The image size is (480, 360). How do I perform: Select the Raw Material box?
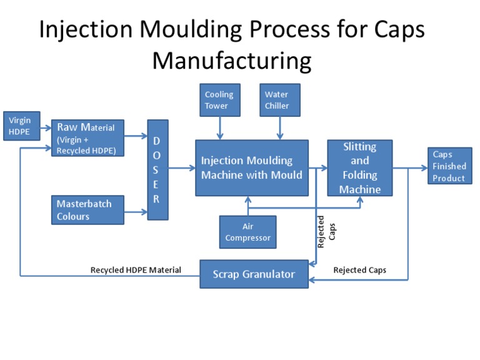pos(87,138)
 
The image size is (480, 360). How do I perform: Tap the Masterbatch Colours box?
pos(87,210)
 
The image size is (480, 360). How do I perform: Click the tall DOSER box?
pos(157,169)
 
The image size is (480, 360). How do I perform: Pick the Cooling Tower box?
pos(219,100)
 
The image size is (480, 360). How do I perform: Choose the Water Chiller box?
pos(279,100)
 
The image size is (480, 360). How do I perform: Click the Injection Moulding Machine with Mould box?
pos(252,168)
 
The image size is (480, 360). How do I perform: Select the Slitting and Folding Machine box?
pos(359,167)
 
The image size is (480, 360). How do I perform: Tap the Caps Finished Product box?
pos(449,166)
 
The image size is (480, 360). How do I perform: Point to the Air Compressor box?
pos(248,232)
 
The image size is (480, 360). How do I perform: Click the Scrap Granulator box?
pos(254,274)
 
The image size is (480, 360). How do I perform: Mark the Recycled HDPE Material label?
pos(136,270)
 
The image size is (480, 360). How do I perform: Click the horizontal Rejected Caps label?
pos(359,270)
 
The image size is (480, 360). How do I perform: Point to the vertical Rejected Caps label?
pos(326,232)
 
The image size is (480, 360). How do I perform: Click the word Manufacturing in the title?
pos(232,61)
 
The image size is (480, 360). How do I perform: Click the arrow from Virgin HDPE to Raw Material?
pos(45,132)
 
